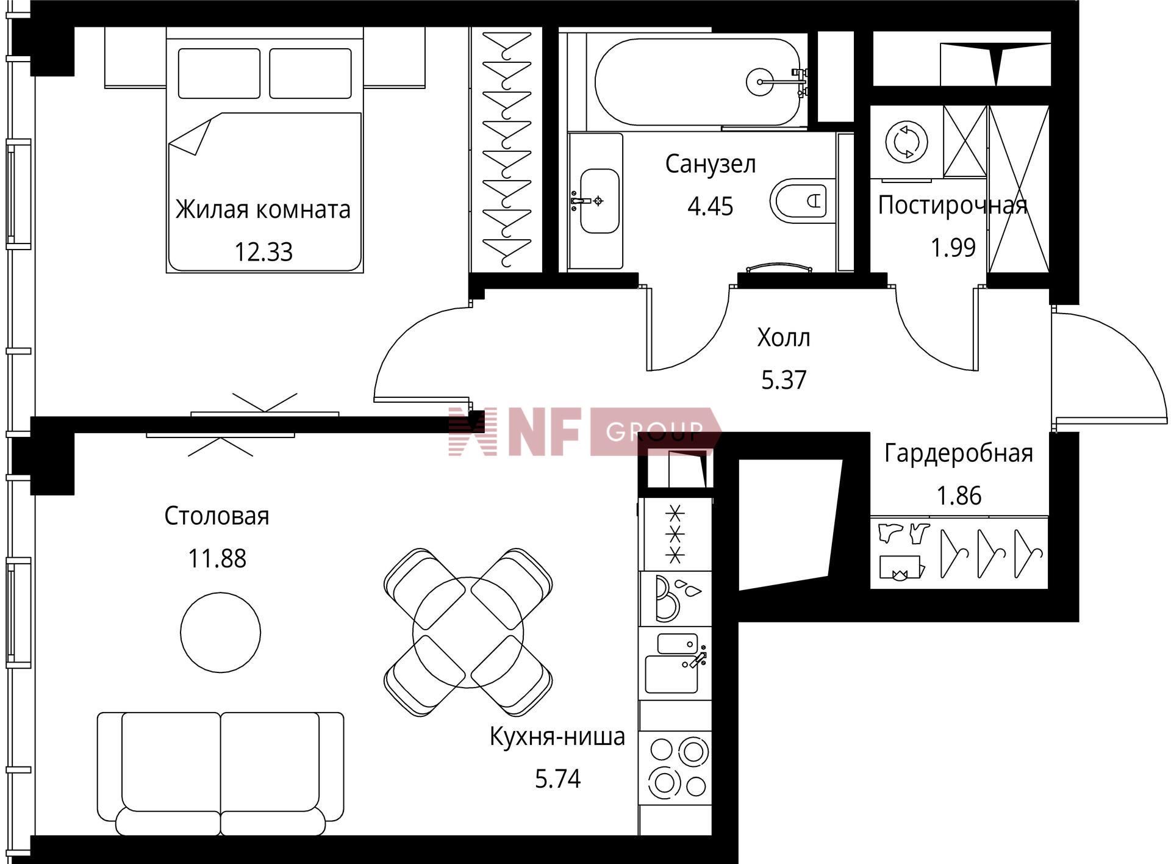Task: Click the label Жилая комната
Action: pos(263,209)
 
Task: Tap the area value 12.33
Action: pos(263,251)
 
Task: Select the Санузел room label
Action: pos(711,164)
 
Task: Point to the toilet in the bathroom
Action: pos(802,201)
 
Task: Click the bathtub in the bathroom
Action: pos(698,82)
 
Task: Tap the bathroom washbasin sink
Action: pos(600,201)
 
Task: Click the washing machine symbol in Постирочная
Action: pos(906,142)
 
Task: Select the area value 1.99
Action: pos(953,247)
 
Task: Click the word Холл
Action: pos(784,337)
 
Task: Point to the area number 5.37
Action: pos(784,380)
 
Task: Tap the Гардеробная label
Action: pos(959,453)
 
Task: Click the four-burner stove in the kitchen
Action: pos(676,768)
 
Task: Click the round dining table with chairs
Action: pos(468,632)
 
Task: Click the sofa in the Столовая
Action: pos(221,773)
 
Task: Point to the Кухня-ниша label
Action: pos(557,736)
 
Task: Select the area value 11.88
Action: pos(217,558)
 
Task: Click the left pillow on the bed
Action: pos(219,73)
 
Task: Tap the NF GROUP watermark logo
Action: pos(584,431)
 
